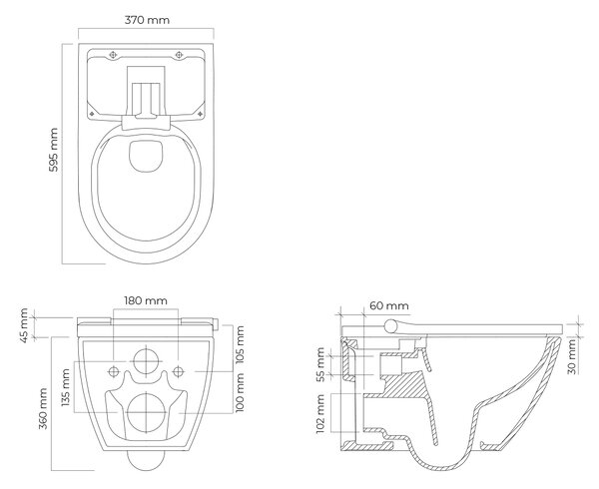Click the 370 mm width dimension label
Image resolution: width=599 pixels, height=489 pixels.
(x=147, y=20)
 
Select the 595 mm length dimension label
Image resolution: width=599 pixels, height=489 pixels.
(x=54, y=150)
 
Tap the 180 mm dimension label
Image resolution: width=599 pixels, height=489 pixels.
(x=146, y=300)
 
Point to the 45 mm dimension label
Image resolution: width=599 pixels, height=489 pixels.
(x=24, y=325)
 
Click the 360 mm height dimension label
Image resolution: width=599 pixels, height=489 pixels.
(x=43, y=409)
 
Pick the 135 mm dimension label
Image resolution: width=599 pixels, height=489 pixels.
(x=66, y=387)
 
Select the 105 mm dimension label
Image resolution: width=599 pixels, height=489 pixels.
(x=240, y=345)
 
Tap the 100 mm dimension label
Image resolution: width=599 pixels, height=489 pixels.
(x=240, y=392)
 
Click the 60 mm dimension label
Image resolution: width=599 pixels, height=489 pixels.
(x=389, y=305)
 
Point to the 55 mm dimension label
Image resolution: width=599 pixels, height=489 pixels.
(x=320, y=364)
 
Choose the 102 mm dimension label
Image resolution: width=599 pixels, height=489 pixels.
(x=320, y=414)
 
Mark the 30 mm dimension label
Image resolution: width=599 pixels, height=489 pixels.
(x=571, y=357)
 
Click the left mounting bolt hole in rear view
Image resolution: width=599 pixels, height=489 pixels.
(x=114, y=371)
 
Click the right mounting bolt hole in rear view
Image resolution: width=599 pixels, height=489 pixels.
(x=178, y=371)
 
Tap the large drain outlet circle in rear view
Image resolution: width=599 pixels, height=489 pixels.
(x=146, y=413)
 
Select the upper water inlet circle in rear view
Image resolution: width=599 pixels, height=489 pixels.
(x=146, y=361)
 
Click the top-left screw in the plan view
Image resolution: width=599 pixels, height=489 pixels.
(x=112, y=55)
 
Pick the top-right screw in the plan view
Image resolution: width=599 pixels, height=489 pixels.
(x=179, y=55)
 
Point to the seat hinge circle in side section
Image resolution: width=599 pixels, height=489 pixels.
(x=391, y=326)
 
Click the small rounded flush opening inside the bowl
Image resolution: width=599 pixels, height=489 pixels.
(x=146, y=156)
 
